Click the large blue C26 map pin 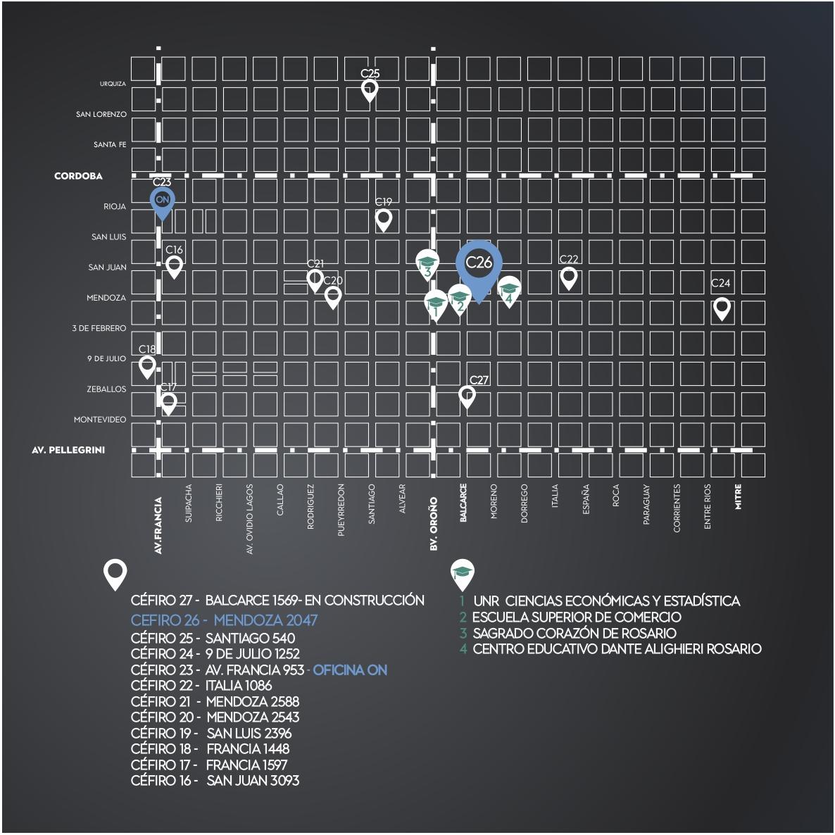click(479, 269)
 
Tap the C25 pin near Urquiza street click(370, 91)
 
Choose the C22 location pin click(569, 278)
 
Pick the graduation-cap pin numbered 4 click(509, 291)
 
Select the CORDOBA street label click(78, 176)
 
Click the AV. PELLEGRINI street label click(68, 450)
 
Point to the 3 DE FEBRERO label click(99, 328)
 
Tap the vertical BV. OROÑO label click(434, 524)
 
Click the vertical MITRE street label click(738, 496)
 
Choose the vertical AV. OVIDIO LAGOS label click(250, 519)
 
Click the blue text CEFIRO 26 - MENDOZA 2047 click(224, 620)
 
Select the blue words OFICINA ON click(350, 670)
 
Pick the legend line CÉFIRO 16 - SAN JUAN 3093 click(215, 781)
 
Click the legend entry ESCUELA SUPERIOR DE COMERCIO click(577, 617)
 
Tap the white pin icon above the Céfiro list click(115, 574)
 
